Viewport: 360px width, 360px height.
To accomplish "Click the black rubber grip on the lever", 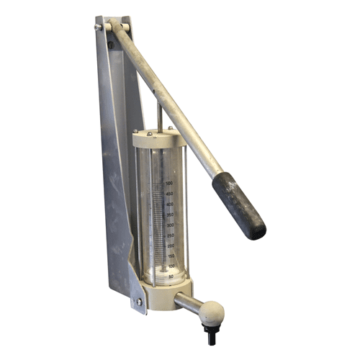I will (x=239, y=204).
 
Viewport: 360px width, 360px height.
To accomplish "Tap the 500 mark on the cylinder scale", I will (x=169, y=184).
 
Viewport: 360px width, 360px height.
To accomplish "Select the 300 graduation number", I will (x=170, y=225).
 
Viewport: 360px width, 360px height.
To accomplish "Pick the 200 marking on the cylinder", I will (x=170, y=246).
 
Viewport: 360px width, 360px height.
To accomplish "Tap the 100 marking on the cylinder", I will (x=171, y=266).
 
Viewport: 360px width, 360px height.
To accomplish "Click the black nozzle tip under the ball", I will (x=211, y=333).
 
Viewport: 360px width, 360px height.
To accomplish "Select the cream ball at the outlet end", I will (x=211, y=314).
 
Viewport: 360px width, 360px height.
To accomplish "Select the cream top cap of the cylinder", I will (x=159, y=139).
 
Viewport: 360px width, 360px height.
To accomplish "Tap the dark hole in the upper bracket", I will (x=110, y=45).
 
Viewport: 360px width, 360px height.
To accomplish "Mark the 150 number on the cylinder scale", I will (x=170, y=256).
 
